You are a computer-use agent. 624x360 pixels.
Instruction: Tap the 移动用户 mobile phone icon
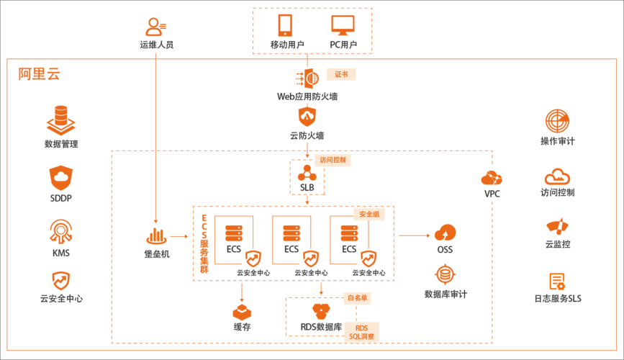[286, 26]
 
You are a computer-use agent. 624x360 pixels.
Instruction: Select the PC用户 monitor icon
[343, 26]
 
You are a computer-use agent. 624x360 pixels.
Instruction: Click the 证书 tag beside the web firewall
[341, 74]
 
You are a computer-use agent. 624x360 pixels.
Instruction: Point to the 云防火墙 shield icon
[307, 116]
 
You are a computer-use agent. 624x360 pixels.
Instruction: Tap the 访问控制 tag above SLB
[333, 161]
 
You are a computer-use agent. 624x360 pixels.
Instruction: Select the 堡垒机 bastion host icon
[157, 235]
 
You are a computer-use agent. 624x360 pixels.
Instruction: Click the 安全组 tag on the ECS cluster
[367, 214]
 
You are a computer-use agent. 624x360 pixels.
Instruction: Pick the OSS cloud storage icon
[445, 233]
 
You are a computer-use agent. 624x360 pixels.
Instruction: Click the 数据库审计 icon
[445, 275]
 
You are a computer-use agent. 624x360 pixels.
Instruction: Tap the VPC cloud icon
[492, 179]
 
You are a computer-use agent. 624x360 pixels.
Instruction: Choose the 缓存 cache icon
[242, 311]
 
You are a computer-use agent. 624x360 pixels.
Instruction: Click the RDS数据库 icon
[321, 311]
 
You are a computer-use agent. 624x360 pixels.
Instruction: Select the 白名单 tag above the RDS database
[358, 297]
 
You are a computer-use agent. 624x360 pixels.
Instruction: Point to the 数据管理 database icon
[60, 118]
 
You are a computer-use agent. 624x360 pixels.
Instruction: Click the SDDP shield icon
[60, 176]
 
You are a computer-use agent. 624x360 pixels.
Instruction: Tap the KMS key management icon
[60, 230]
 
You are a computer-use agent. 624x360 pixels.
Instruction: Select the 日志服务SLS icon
[557, 282]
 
